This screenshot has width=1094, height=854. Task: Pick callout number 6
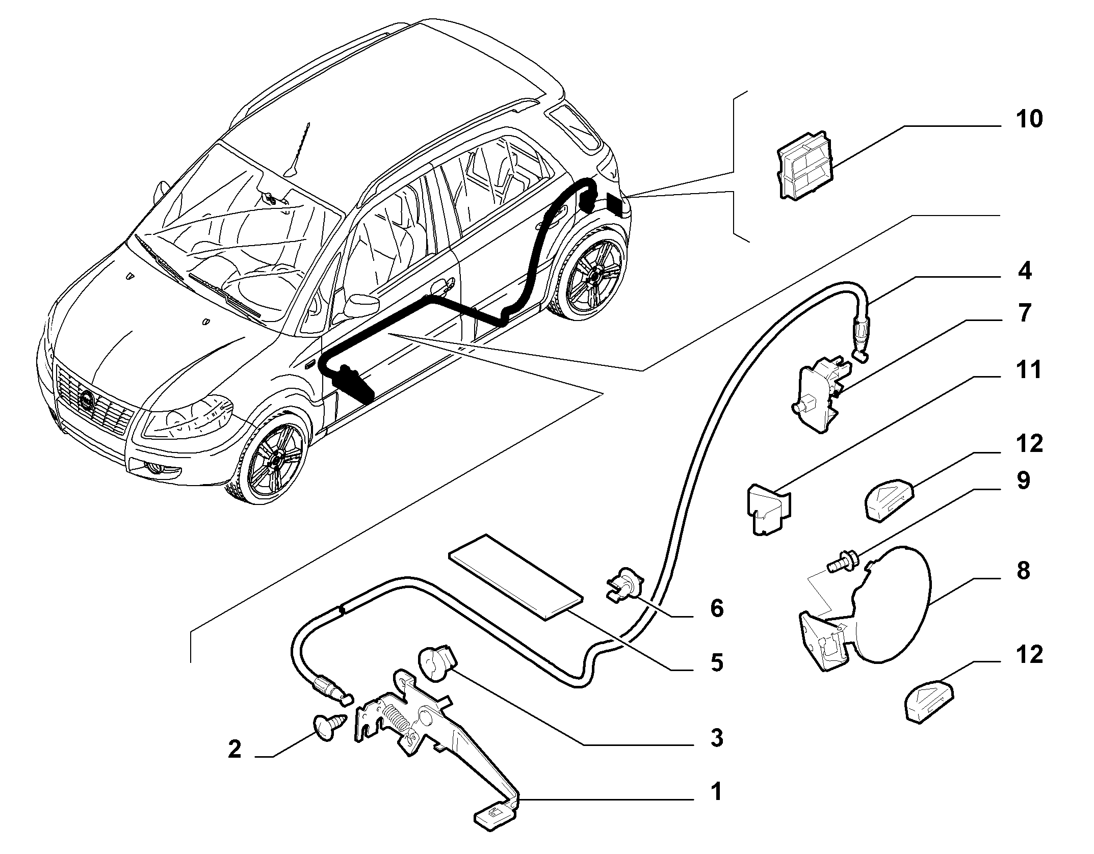(x=717, y=608)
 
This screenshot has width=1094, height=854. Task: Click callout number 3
(x=717, y=737)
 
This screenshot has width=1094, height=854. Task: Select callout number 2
(x=234, y=749)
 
